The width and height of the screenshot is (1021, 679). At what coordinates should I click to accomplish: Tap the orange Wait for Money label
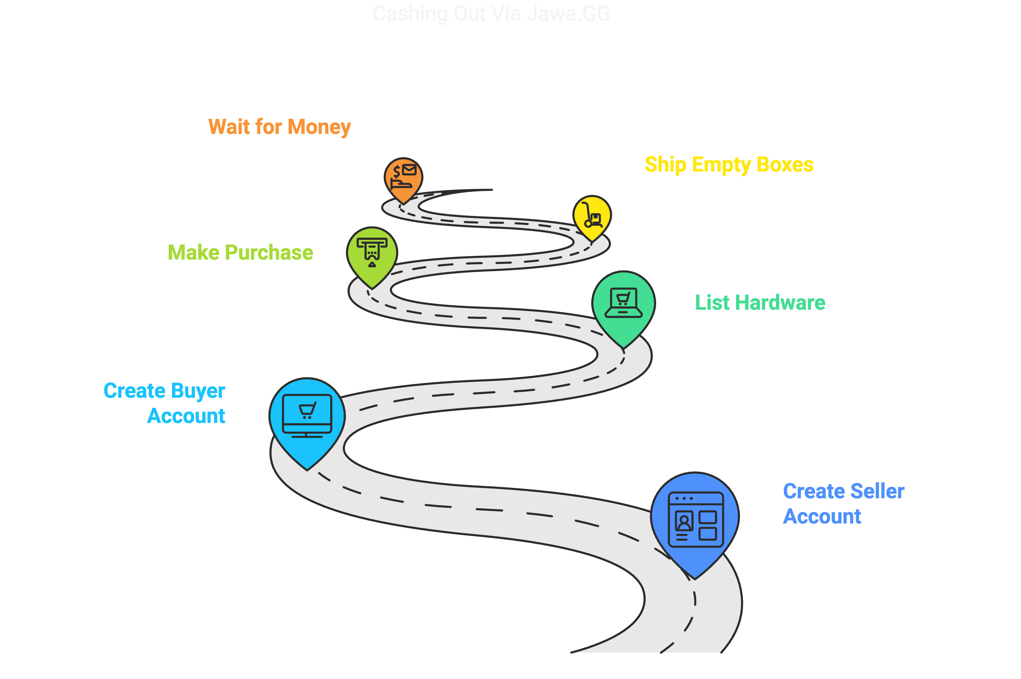[279, 127]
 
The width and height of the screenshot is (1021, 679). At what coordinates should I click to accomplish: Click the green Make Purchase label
[240, 252]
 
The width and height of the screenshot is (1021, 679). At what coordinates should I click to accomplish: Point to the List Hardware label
[760, 302]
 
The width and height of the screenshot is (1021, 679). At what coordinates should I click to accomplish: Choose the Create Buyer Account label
[165, 403]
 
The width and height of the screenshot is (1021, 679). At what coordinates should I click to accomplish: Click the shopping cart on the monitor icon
[307, 410]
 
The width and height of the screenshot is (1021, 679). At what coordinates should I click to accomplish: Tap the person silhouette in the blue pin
[684, 522]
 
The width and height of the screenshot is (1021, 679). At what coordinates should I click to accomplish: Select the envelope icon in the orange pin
[409, 169]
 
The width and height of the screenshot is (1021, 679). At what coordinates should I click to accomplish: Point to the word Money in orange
[319, 127]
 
